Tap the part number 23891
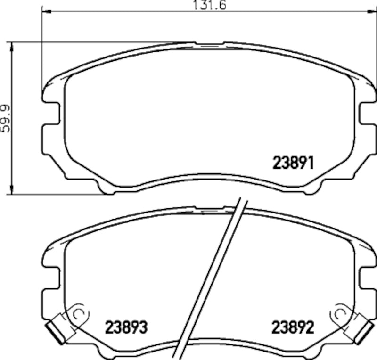coord(293,163)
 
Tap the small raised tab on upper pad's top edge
coord(210,45)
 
